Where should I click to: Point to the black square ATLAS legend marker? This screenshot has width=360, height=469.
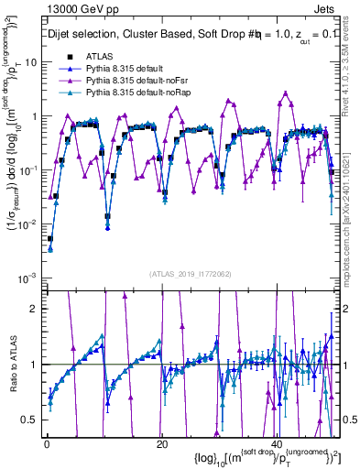click(x=69, y=58)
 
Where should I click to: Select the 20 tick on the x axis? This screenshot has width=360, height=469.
click(x=161, y=443)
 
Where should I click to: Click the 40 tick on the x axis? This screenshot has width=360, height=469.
click(x=277, y=443)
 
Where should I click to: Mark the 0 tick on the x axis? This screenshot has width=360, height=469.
click(x=46, y=443)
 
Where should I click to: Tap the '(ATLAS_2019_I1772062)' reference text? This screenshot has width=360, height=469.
click(x=190, y=274)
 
